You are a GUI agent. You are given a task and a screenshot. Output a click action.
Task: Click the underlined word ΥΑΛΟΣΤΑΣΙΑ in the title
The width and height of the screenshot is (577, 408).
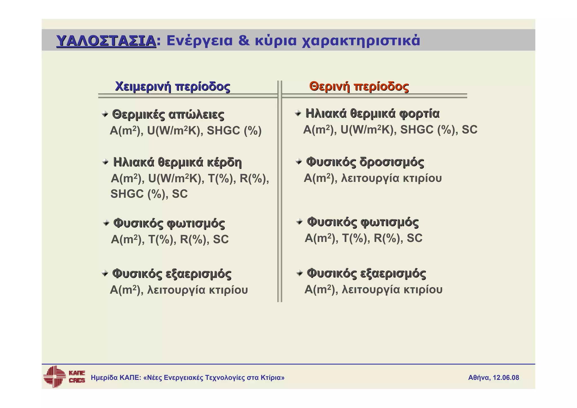[x=106, y=41]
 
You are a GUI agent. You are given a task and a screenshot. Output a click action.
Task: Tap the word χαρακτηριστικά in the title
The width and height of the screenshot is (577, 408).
[x=361, y=41]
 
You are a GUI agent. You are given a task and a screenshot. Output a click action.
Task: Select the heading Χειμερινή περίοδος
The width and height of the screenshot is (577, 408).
[x=172, y=86]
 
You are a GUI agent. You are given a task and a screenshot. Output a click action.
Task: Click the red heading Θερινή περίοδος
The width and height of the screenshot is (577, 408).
[x=359, y=86]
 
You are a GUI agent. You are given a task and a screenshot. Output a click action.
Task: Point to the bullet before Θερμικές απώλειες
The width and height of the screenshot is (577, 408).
[x=105, y=114]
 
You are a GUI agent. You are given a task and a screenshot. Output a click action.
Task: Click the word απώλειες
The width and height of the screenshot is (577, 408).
[x=196, y=114]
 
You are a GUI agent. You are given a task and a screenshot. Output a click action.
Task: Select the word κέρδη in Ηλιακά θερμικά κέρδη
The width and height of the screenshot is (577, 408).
[x=224, y=162]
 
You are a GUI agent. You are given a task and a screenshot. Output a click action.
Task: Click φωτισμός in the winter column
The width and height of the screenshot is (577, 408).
[x=196, y=223]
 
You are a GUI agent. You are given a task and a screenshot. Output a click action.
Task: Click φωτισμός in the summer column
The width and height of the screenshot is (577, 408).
[x=390, y=222]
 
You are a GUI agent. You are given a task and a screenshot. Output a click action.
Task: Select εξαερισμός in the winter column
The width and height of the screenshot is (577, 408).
[x=198, y=274]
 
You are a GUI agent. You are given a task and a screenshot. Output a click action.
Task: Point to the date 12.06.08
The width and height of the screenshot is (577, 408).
[x=506, y=378]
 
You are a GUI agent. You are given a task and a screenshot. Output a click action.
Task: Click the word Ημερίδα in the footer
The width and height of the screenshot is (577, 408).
[x=104, y=378]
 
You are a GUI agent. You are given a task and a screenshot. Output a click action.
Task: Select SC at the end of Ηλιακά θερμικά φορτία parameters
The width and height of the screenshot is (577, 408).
[x=469, y=130]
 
